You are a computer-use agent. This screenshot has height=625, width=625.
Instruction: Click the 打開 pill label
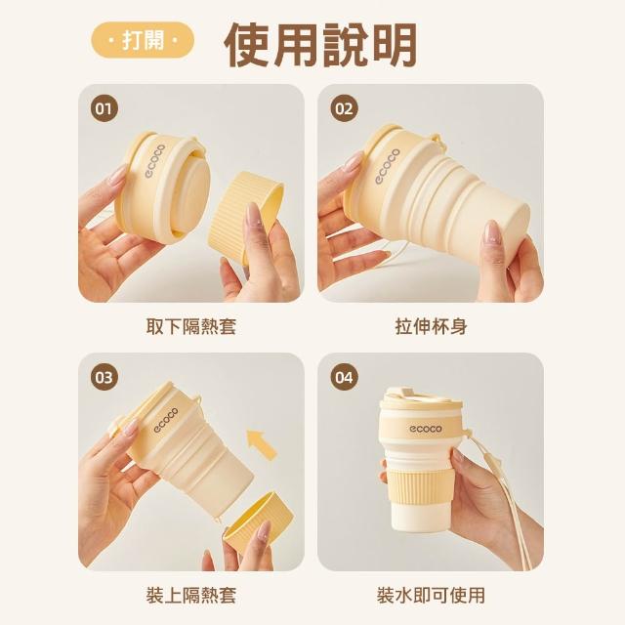pos(143,40)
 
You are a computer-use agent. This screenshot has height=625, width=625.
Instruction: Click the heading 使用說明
pos(321,45)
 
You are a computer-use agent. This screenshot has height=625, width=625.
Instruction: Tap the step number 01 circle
pos(104,108)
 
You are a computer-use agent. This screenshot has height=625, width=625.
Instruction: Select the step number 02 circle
pos(345,108)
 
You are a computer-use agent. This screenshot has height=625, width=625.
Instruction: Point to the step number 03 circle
pos(104,377)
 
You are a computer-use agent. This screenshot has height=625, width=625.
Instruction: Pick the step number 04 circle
pos(345,377)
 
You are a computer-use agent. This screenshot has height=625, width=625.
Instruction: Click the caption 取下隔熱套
pos(191,326)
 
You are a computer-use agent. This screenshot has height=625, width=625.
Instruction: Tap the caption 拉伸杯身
pos(432,326)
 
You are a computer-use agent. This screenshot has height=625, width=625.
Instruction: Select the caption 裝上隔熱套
pos(191,595)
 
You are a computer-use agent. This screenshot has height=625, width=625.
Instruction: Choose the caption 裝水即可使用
pos(432,595)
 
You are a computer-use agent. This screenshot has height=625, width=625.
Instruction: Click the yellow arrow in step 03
pos(262,444)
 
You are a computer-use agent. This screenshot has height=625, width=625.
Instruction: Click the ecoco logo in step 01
pos(154,160)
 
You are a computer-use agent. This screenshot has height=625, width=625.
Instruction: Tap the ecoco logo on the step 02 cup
pos(387,166)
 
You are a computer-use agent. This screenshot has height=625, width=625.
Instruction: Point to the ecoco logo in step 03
pos(166,420)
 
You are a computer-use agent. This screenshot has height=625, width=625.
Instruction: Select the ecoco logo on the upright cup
pos(426,429)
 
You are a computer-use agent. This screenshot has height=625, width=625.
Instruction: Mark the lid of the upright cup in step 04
pos(421,398)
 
